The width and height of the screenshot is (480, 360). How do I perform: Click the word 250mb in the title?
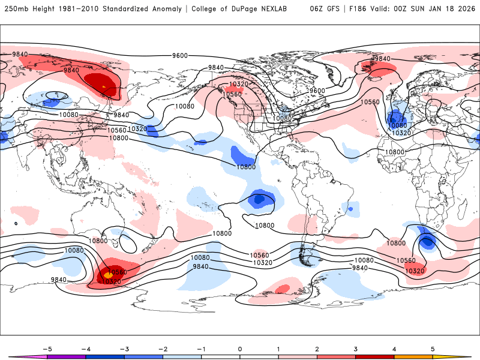(14, 9)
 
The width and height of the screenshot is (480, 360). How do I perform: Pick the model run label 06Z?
(317, 9)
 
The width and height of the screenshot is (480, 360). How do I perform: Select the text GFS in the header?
(334, 9)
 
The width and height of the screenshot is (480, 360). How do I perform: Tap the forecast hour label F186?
(360, 9)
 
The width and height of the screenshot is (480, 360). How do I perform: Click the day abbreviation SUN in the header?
(423, 9)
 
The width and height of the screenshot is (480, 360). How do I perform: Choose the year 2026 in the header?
(466, 9)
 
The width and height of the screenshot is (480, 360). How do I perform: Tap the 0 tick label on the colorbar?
(240, 349)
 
